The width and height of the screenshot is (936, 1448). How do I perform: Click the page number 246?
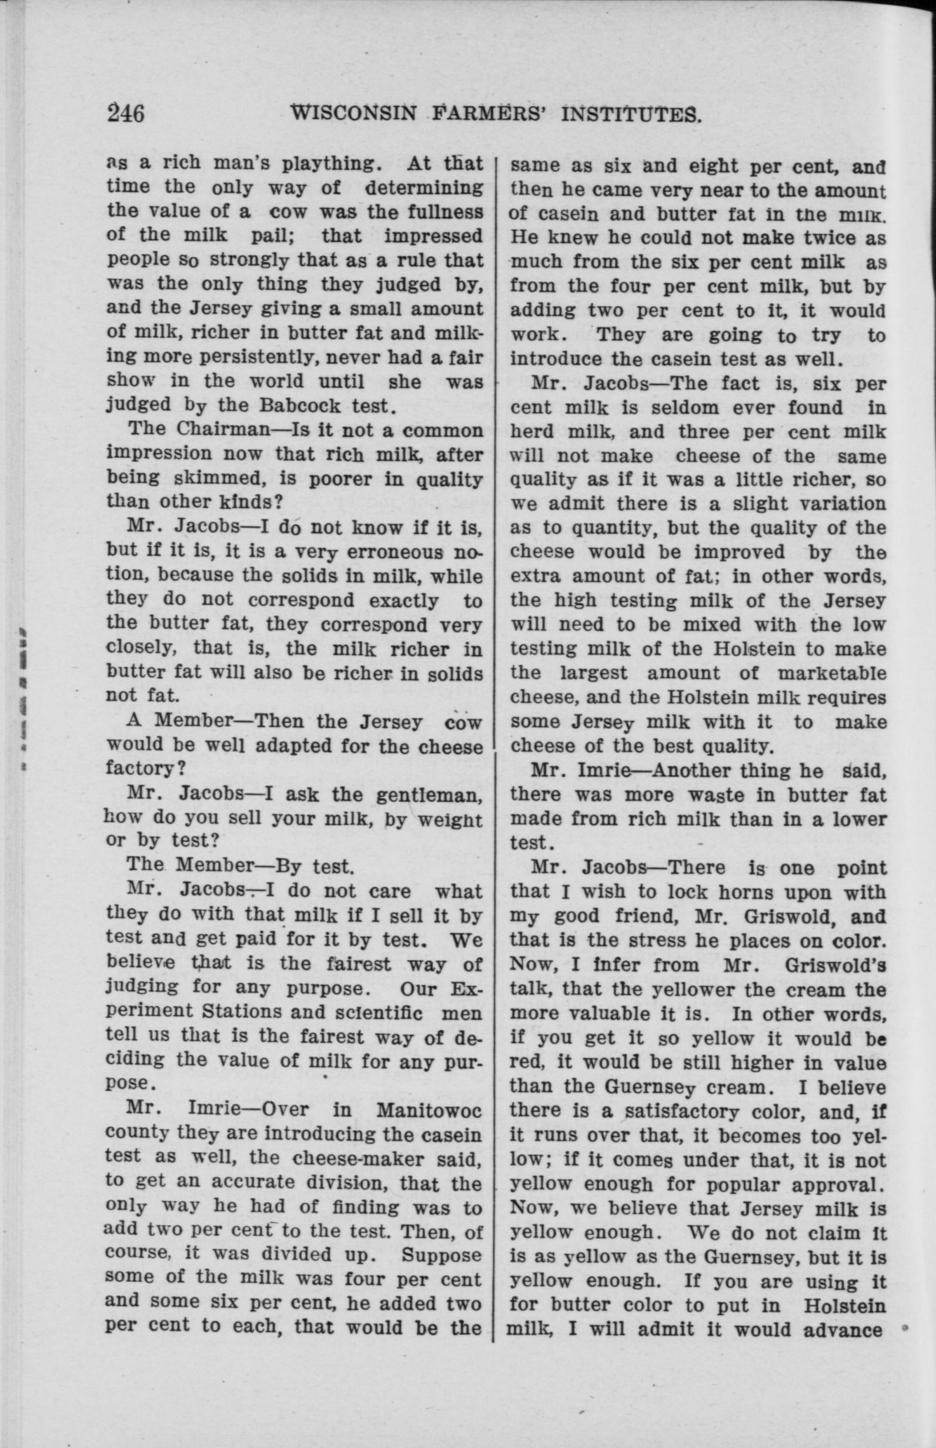click(x=126, y=113)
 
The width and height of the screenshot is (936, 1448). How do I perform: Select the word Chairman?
click(x=223, y=429)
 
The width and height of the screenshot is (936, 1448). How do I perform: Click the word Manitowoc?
click(x=429, y=1110)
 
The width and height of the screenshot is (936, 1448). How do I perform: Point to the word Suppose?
click(x=442, y=1255)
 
